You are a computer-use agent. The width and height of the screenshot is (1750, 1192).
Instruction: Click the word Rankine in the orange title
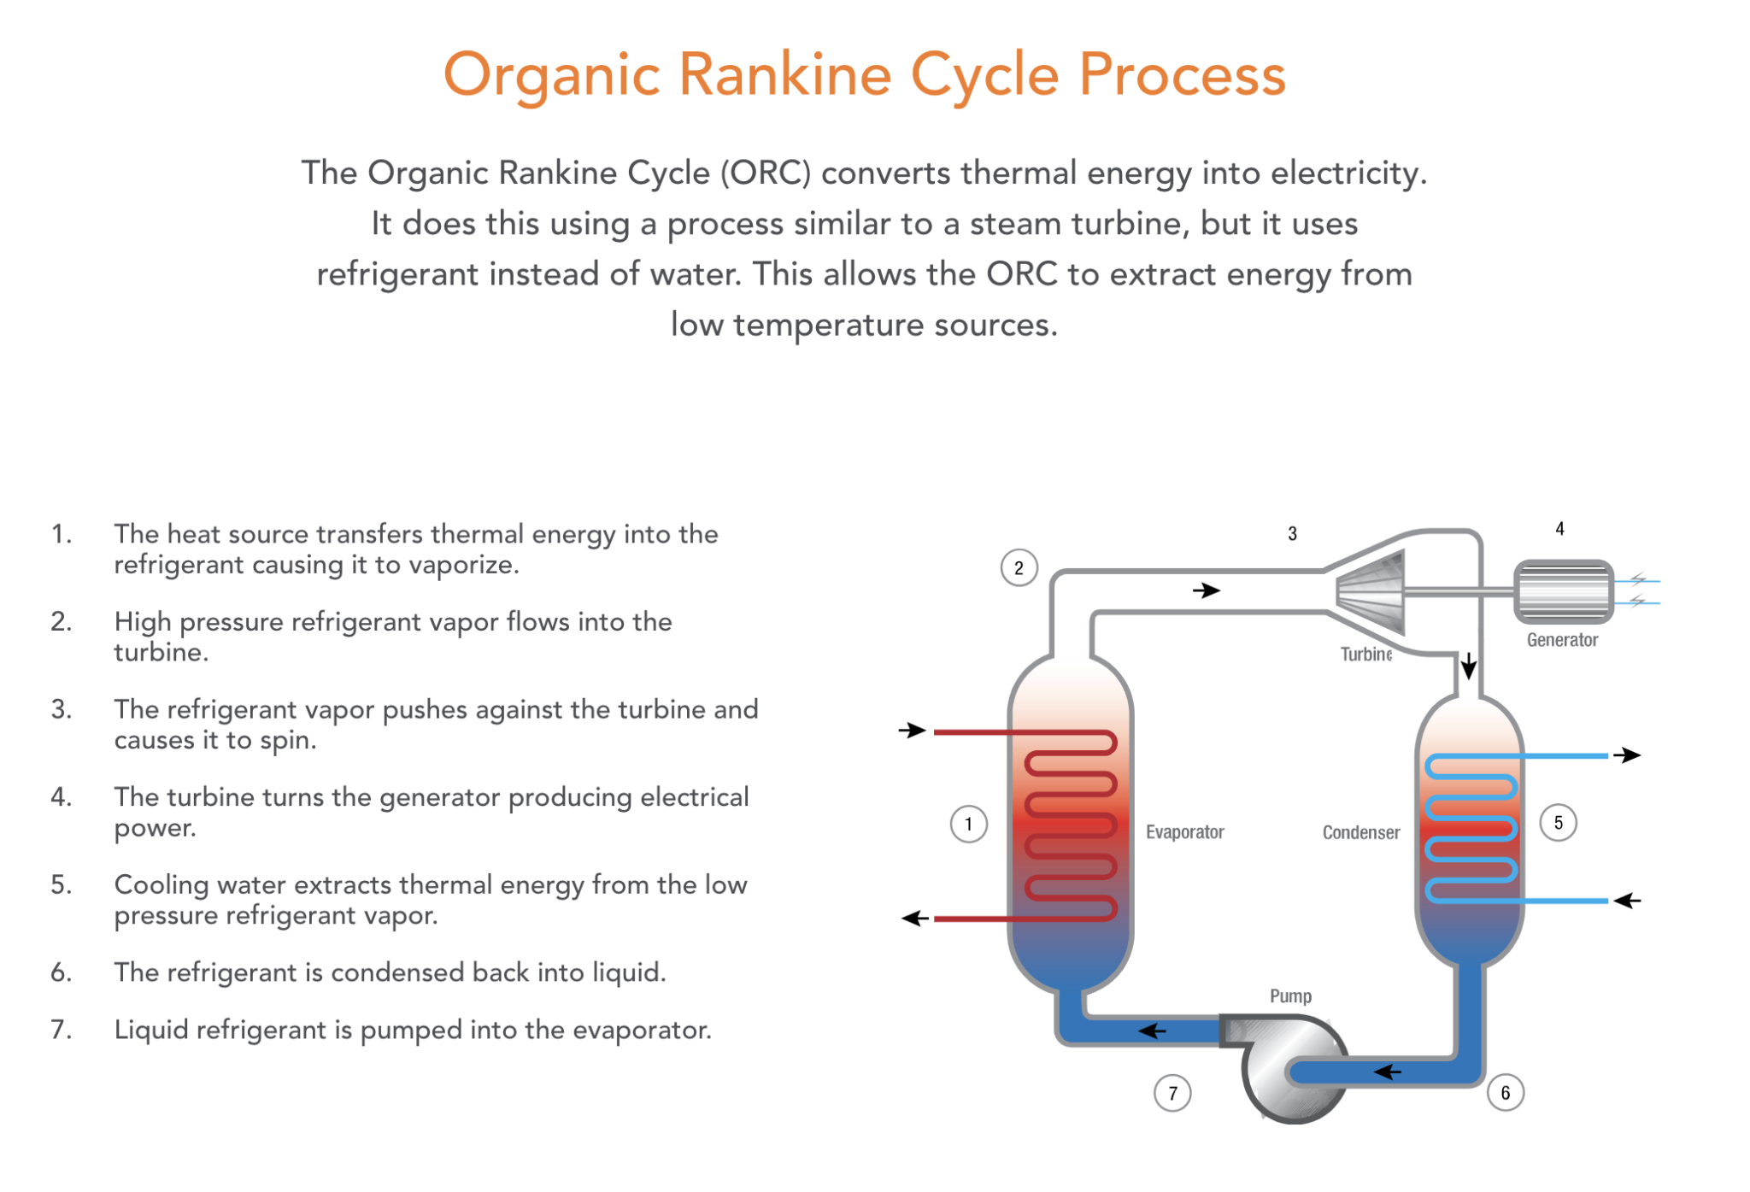pyautogui.click(x=784, y=75)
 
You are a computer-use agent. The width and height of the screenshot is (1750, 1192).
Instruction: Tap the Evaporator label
pyautogui.click(x=1184, y=832)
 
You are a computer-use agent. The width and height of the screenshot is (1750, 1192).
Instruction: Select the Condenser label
pyautogui.click(x=1360, y=833)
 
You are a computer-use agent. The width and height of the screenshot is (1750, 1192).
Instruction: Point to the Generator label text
pyautogui.click(x=1562, y=640)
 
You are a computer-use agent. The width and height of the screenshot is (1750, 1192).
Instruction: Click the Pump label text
pyautogui.click(x=1290, y=996)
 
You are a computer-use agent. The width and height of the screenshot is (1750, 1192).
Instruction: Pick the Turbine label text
pyautogui.click(x=1365, y=655)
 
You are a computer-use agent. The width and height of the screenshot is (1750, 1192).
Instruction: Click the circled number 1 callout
pyautogui.click(x=968, y=825)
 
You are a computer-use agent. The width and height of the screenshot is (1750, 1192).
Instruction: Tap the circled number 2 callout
pyautogui.click(x=1019, y=568)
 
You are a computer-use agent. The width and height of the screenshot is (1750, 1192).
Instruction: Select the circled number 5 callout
pyautogui.click(x=1558, y=823)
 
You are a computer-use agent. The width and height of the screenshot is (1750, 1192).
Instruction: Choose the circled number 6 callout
pyautogui.click(x=1505, y=1093)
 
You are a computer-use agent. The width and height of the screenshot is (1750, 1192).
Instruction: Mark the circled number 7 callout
pyautogui.click(x=1172, y=1093)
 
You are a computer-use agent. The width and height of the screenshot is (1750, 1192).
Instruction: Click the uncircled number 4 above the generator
pyautogui.click(x=1559, y=529)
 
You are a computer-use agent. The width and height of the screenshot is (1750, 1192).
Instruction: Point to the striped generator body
pyautogui.click(x=1563, y=591)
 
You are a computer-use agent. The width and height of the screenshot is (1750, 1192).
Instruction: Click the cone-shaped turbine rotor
pyautogui.click(x=1372, y=591)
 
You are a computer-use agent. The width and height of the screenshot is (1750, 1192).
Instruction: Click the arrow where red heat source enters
pyautogui.click(x=913, y=731)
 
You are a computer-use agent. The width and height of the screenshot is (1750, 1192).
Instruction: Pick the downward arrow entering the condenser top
pyautogui.click(x=1468, y=666)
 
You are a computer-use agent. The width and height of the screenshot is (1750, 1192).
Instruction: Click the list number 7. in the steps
pyautogui.click(x=61, y=1030)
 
